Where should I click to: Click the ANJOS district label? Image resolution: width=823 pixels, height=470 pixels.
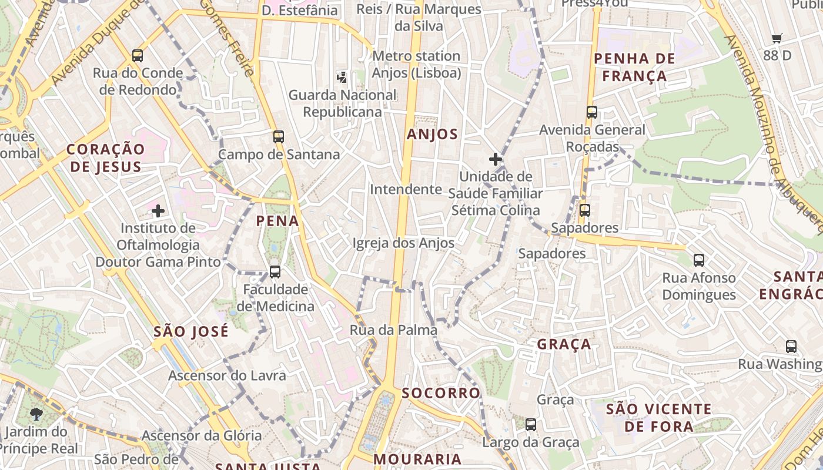(432, 134)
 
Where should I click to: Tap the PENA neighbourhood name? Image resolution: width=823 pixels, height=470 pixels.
(277, 221)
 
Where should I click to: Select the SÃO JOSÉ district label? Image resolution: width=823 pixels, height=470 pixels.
(190, 331)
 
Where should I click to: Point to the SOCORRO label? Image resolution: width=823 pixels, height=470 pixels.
(441, 393)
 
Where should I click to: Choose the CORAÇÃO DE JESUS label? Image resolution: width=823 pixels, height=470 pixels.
(105, 157)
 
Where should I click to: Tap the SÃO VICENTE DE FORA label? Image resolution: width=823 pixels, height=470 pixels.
(658, 417)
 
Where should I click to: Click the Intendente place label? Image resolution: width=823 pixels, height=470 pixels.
(406, 189)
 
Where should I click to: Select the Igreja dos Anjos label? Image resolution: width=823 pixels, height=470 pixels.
(403, 243)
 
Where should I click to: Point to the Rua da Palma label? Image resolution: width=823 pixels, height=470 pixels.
(393, 330)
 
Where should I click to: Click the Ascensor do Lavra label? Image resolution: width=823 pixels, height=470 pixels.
(227, 375)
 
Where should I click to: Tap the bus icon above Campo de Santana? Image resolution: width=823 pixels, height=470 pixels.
(279, 137)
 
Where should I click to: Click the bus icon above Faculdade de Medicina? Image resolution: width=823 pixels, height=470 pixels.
(275, 272)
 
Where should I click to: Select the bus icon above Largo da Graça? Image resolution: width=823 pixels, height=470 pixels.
(531, 425)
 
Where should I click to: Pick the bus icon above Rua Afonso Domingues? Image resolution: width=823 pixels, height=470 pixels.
(699, 260)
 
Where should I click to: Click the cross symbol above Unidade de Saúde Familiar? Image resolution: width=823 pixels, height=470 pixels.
(496, 159)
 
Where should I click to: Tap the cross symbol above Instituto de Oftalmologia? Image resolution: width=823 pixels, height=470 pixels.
(158, 210)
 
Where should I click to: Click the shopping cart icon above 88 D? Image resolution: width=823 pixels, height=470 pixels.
(777, 39)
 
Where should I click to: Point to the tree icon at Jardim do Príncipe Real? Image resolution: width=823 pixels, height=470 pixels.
(36, 414)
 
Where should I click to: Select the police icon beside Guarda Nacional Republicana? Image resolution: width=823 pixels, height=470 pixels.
(342, 76)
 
